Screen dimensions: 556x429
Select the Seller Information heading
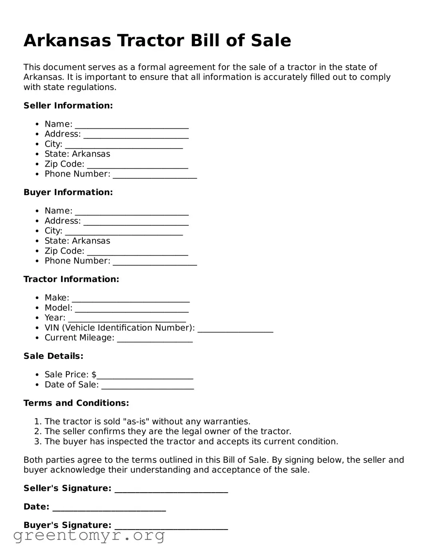(68, 105)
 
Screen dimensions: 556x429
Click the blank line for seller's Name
(132, 125)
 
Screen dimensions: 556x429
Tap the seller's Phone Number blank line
(155, 175)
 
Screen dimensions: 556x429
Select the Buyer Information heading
(68, 192)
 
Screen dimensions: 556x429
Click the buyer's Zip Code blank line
(137, 252)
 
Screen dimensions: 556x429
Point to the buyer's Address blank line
(136, 222)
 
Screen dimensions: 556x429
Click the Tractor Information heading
(71, 279)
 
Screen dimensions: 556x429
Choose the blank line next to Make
(131, 299)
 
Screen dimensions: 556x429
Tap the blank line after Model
(132, 309)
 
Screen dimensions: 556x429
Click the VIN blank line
(235, 329)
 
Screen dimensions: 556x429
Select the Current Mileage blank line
(155, 339)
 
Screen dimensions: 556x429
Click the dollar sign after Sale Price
(94, 375)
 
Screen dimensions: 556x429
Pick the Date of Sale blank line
(148, 385)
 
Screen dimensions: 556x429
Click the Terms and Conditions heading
(76, 403)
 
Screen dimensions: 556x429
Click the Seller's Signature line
(171, 489)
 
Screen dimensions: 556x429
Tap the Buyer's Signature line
(171, 526)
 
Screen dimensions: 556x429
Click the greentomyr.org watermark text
(89, 535)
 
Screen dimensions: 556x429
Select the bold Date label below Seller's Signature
(36, 507)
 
